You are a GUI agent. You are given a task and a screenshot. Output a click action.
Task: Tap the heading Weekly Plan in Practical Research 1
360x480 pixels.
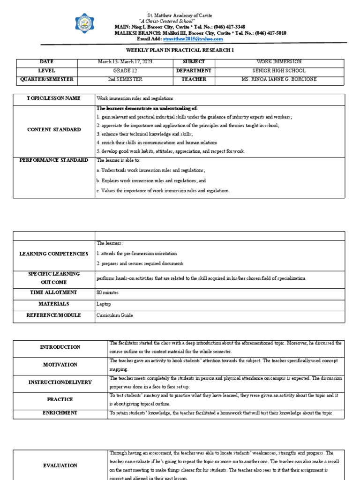click(180, 50)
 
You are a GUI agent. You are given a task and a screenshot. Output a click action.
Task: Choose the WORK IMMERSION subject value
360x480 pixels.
click(279, 62)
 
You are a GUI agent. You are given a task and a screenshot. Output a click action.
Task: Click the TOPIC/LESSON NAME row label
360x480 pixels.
click(53, 98)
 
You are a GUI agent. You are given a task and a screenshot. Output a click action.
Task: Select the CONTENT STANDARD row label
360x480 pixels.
click(53, 130)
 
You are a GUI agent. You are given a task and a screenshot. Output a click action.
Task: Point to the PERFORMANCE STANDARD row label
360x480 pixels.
click(53, 160)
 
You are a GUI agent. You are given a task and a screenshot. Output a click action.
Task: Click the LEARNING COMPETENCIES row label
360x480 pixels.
click(53, 254)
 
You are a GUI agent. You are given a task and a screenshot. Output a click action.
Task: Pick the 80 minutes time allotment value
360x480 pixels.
click(107, 292)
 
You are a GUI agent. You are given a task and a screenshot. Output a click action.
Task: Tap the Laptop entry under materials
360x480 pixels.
click(104, 304)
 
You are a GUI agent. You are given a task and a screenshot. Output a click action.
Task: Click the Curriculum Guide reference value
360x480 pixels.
click(115, 316)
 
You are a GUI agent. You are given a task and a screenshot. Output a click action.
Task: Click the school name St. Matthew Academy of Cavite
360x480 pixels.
click(180, 15)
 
